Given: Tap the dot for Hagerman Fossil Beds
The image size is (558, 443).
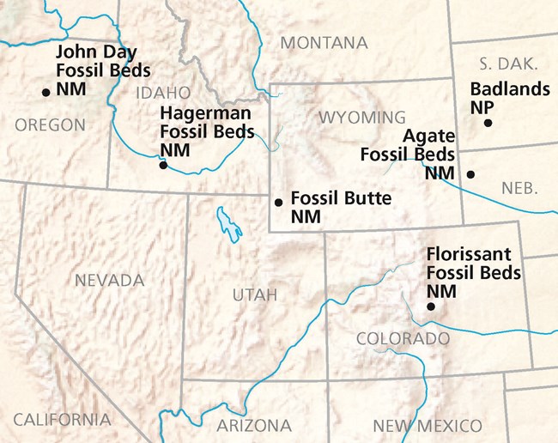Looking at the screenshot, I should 163,165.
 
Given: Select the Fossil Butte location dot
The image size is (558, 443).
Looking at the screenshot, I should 277,203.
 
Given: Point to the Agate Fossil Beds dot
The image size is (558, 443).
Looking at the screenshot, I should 470,174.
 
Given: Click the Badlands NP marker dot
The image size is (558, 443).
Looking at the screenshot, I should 488,123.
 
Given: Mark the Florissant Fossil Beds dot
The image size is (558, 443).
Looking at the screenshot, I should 431,306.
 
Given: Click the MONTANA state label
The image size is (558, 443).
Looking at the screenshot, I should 324,43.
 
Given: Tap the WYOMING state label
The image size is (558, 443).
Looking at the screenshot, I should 362,117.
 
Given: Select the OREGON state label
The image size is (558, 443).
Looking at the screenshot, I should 50,125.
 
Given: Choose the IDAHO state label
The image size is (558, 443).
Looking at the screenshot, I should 161,92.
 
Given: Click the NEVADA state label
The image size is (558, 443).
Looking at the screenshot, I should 109,281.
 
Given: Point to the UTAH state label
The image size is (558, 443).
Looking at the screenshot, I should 255,296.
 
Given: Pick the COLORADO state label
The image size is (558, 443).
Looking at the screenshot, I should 403,339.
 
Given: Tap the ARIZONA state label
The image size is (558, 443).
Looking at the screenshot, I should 255,425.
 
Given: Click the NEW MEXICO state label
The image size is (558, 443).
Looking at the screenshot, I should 427,425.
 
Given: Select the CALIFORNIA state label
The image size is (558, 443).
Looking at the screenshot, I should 62,420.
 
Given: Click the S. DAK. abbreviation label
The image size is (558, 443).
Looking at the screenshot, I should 508,64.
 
